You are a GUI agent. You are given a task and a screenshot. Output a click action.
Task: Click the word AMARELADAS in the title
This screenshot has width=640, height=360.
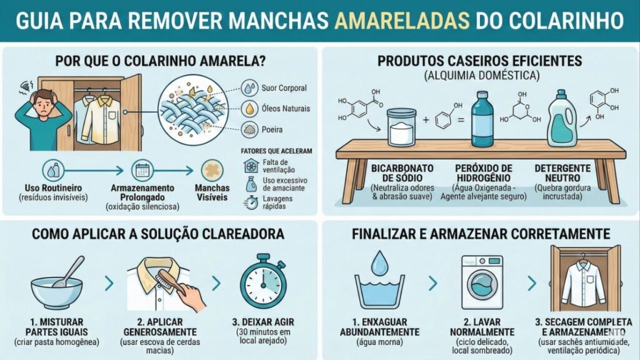pos(402,20)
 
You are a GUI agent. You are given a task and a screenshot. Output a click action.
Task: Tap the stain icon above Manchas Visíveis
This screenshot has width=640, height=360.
pos(212,171)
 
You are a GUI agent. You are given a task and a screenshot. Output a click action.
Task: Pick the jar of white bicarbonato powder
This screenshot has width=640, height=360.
pos(406,127)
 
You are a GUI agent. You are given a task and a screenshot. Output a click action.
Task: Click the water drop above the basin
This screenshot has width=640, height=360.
pos(380,263)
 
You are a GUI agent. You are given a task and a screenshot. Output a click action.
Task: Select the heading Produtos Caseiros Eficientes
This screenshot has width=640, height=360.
pos(480,61)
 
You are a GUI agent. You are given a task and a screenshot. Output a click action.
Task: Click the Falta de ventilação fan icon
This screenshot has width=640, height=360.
pos(251,166)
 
